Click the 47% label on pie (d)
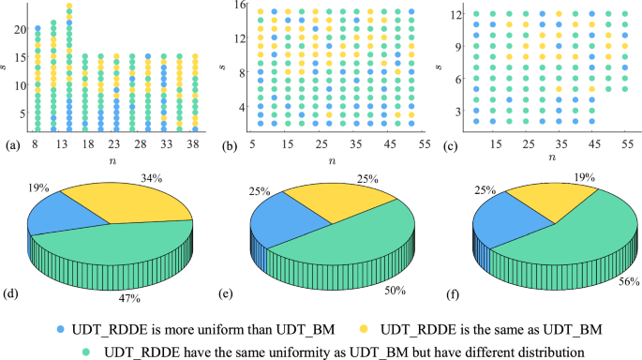[128, 298]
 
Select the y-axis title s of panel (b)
[224, 67]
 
